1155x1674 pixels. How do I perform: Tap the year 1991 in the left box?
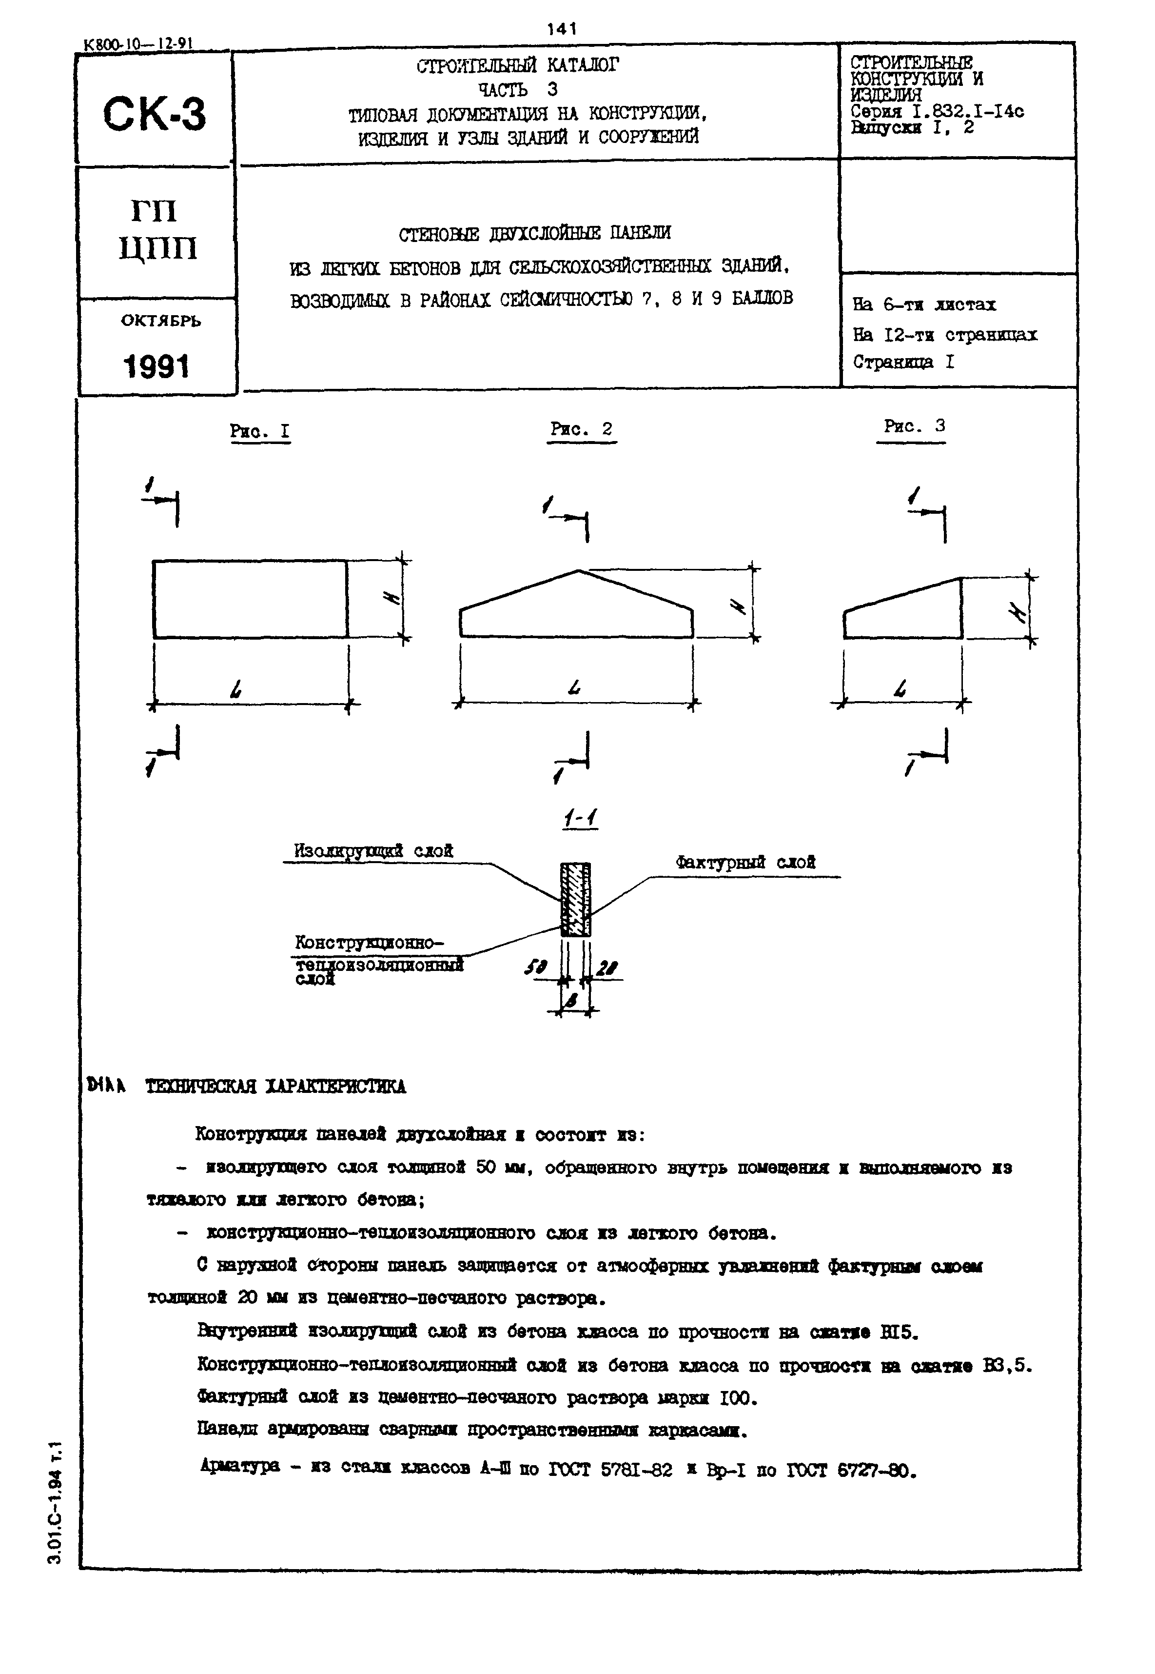[157, 366]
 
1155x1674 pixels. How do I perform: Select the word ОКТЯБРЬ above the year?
[161, 321]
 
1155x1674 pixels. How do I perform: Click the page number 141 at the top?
[562, 28]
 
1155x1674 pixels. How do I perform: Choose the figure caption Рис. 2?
[581, 429]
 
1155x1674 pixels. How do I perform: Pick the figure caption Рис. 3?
[915, 426]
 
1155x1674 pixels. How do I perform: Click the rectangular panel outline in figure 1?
[250, 599]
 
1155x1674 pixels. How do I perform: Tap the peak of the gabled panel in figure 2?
[578, 571]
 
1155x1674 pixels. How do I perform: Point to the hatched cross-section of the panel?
[576, 899]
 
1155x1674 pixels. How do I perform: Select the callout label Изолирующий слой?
[373, 851]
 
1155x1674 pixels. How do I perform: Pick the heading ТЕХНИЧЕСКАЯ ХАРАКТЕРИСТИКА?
[276, 1087]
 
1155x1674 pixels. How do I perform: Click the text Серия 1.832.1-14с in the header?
[937, 112]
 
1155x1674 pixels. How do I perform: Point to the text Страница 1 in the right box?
[903, 362]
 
